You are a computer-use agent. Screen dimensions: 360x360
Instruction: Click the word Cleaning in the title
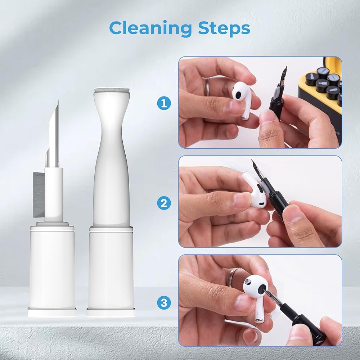[x=150, y=29]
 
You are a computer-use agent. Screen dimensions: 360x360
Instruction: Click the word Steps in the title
[x=224, y=28]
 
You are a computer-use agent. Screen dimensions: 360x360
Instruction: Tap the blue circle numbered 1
[x=164, y=104]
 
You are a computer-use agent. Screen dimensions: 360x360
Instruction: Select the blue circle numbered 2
[x=164, y=203]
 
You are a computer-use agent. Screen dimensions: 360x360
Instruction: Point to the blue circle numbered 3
[x=164, y=303]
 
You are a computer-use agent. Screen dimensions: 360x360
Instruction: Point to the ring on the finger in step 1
[x=207, y=86]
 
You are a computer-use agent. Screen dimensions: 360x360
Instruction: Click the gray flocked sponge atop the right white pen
[x=112, y=90]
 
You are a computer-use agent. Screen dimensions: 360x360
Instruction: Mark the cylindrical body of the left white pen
[x=52, y=266]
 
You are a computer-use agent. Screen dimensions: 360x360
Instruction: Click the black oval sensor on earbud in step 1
[x=238, y=95]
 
